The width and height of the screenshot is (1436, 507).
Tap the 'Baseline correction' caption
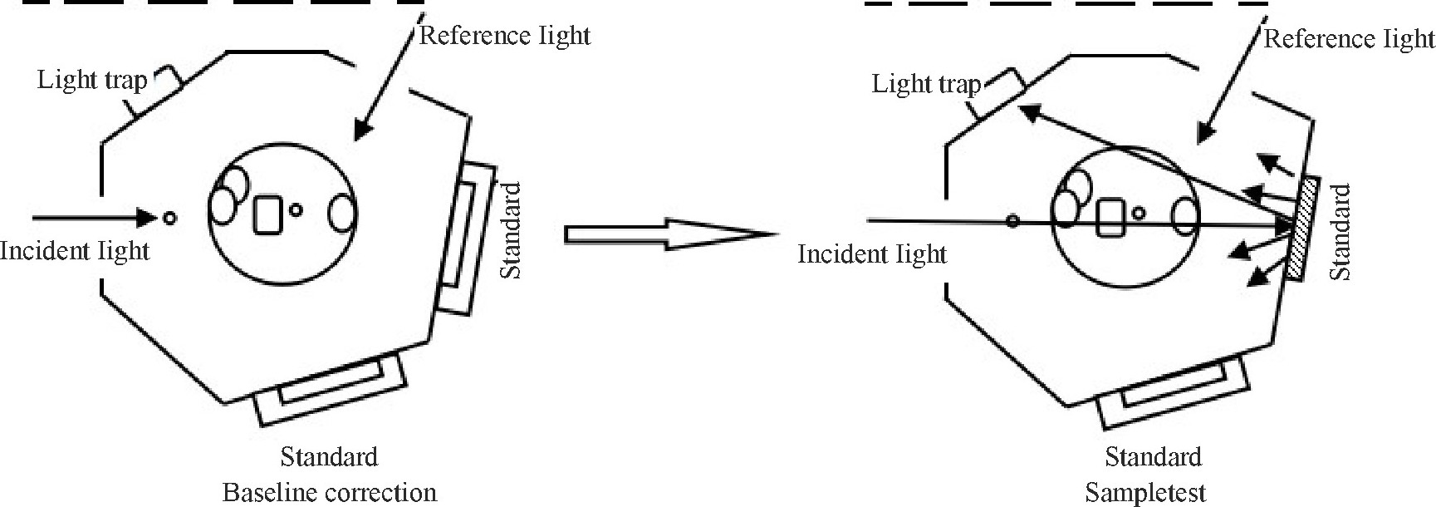coord(329,492)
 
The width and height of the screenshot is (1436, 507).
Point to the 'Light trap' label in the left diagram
coord(92,81)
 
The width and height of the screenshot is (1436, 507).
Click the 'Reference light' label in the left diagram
coord(505,36)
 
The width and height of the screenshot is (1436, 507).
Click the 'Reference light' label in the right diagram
coord(1349,39)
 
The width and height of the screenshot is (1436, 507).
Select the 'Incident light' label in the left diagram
coord(75,250)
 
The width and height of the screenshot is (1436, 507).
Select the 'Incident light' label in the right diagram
coord(872,253)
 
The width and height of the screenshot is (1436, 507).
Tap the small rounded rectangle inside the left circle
coord(267,214)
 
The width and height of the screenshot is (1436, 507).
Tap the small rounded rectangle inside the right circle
coord(1110,216)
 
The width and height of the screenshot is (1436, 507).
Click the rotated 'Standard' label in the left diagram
coord(512,231)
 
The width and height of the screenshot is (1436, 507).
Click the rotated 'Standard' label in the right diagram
coord(1340,232)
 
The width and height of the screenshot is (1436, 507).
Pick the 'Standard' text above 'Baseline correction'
coord(329,457)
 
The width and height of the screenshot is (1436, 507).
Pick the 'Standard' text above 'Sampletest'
coord(1153,458)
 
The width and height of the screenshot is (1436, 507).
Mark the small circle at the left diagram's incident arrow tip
coord(169,218)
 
